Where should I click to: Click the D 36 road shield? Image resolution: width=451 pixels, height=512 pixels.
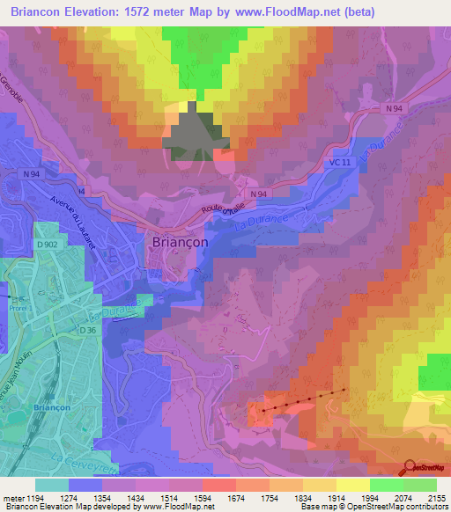tap(85, 329)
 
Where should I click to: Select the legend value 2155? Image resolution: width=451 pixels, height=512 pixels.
tap(436, 499)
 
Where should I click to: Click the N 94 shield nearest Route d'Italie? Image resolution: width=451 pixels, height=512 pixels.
tap(257, 194)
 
